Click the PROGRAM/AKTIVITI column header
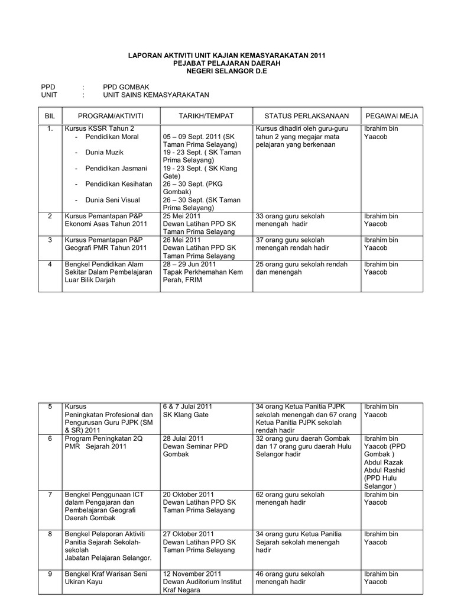(111, 116)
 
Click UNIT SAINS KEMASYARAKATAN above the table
(155, 95)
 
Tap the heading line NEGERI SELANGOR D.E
(227, 70)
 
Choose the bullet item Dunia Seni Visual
(114, 200)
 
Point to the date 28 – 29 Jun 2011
(189, 264)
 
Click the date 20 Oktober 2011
(189, 494)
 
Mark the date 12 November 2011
(193, 574)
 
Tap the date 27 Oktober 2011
(189, 534)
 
